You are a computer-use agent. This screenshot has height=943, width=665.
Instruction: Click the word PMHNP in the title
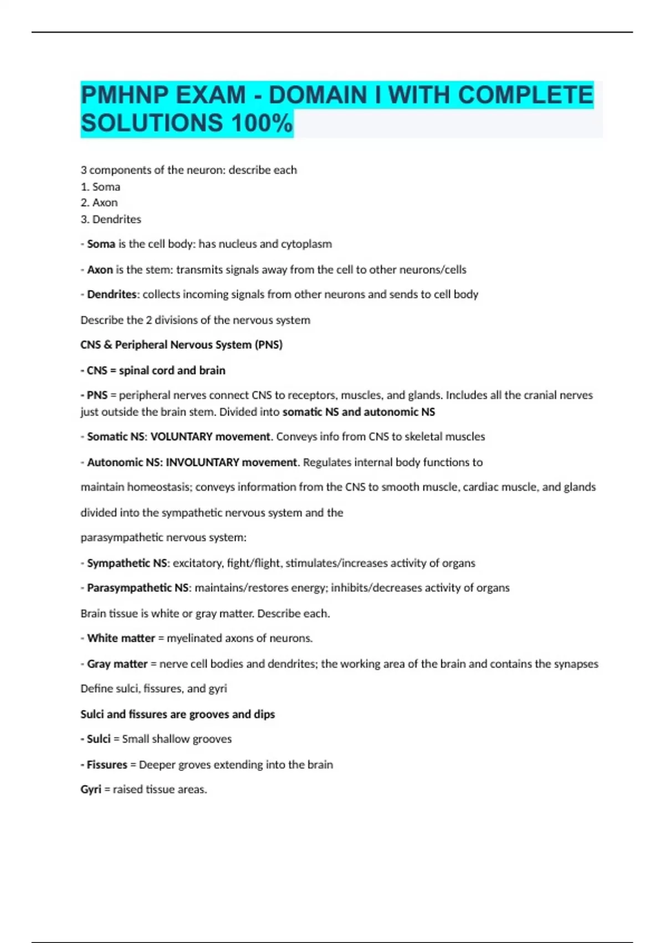(124, 95)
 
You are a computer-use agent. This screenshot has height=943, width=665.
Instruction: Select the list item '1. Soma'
(100, 186)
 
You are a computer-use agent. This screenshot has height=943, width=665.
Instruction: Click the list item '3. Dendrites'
(111, 219)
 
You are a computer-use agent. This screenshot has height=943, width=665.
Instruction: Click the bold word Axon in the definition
(100, 270)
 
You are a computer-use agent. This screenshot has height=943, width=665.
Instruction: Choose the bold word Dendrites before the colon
(111, 295)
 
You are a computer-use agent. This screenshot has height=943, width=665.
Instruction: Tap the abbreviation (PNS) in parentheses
(268, 344)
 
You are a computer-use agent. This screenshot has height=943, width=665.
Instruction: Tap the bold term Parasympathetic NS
(137, 588)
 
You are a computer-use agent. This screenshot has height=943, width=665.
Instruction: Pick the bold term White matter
(121, 638)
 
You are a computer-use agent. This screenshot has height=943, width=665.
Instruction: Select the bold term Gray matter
(117, 664)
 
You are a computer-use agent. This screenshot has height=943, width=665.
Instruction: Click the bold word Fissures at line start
(107, 764)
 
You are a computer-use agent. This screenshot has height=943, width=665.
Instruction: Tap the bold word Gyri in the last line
(91, 789)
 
